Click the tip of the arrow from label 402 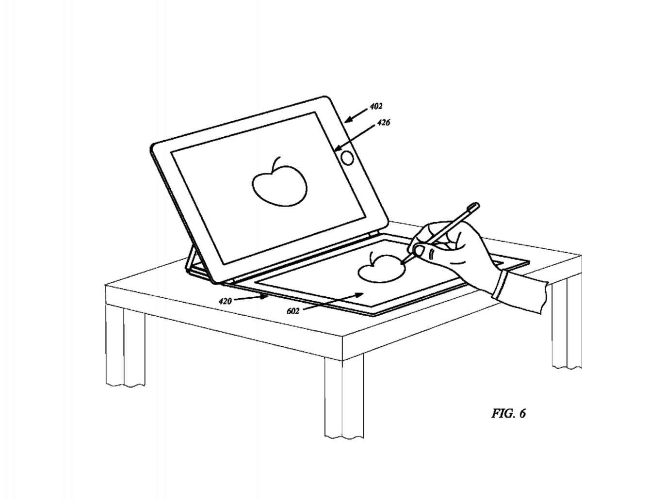point(345,122)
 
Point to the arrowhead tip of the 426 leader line point(335,150)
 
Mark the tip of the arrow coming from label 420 point(269,297)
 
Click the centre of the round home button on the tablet point(347,158)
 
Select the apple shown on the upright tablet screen point(279,183)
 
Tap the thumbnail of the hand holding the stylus point(420,251)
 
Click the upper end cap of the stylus point(474,206)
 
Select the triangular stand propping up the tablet point(194,261)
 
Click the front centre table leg point(344,398)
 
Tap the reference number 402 point(376,106)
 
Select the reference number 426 point(384,123)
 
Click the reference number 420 point(225,301)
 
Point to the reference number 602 point(293,311)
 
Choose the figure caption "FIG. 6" point(509,413)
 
